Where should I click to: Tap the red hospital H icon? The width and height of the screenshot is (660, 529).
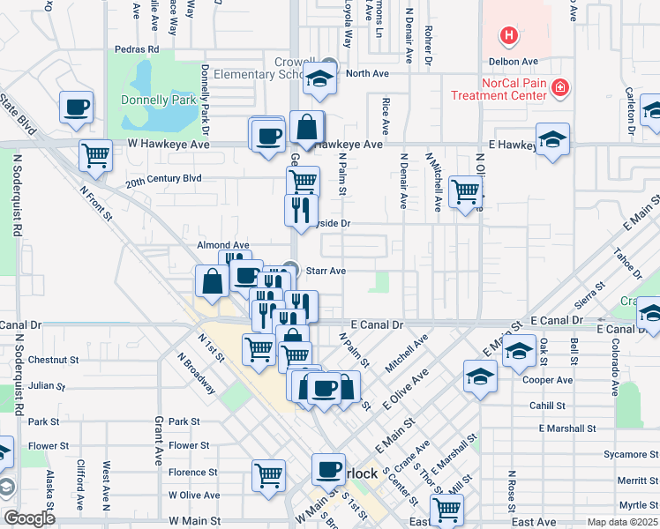click(509, 36)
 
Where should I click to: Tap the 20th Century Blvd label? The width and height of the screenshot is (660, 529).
click(163, 178)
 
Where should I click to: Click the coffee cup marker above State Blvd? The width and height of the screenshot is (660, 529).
click(76, 108)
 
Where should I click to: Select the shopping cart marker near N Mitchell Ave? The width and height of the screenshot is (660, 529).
click(464, 190)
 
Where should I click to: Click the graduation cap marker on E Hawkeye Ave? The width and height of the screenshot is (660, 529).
click(552, 139)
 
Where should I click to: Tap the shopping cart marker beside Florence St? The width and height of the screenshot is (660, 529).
click(269, 474)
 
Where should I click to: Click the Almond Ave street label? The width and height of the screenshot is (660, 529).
click(223, 245)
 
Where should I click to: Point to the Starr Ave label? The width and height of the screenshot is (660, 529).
click(325, 271)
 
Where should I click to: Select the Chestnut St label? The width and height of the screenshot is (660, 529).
click(53, 360)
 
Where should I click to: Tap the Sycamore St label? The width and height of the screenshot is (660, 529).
click(626, 455)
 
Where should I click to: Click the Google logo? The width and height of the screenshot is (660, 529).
click(29, 518)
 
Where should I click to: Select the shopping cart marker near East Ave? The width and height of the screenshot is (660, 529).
click(446, 509)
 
